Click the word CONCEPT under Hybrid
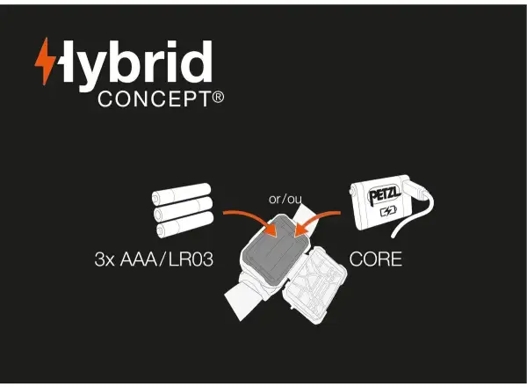[155, 99]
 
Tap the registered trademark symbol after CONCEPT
[218, 98]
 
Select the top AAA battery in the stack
[182, 193]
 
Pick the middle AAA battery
[184, 208]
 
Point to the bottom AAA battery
[185, 224]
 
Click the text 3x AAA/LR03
[154, 259]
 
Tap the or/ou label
[285, 199]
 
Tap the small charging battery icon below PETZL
[388, 212]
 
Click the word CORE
[375, 259]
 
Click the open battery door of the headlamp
[314, 284]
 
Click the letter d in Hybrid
[196, 62]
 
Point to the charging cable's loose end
[393, 236]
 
